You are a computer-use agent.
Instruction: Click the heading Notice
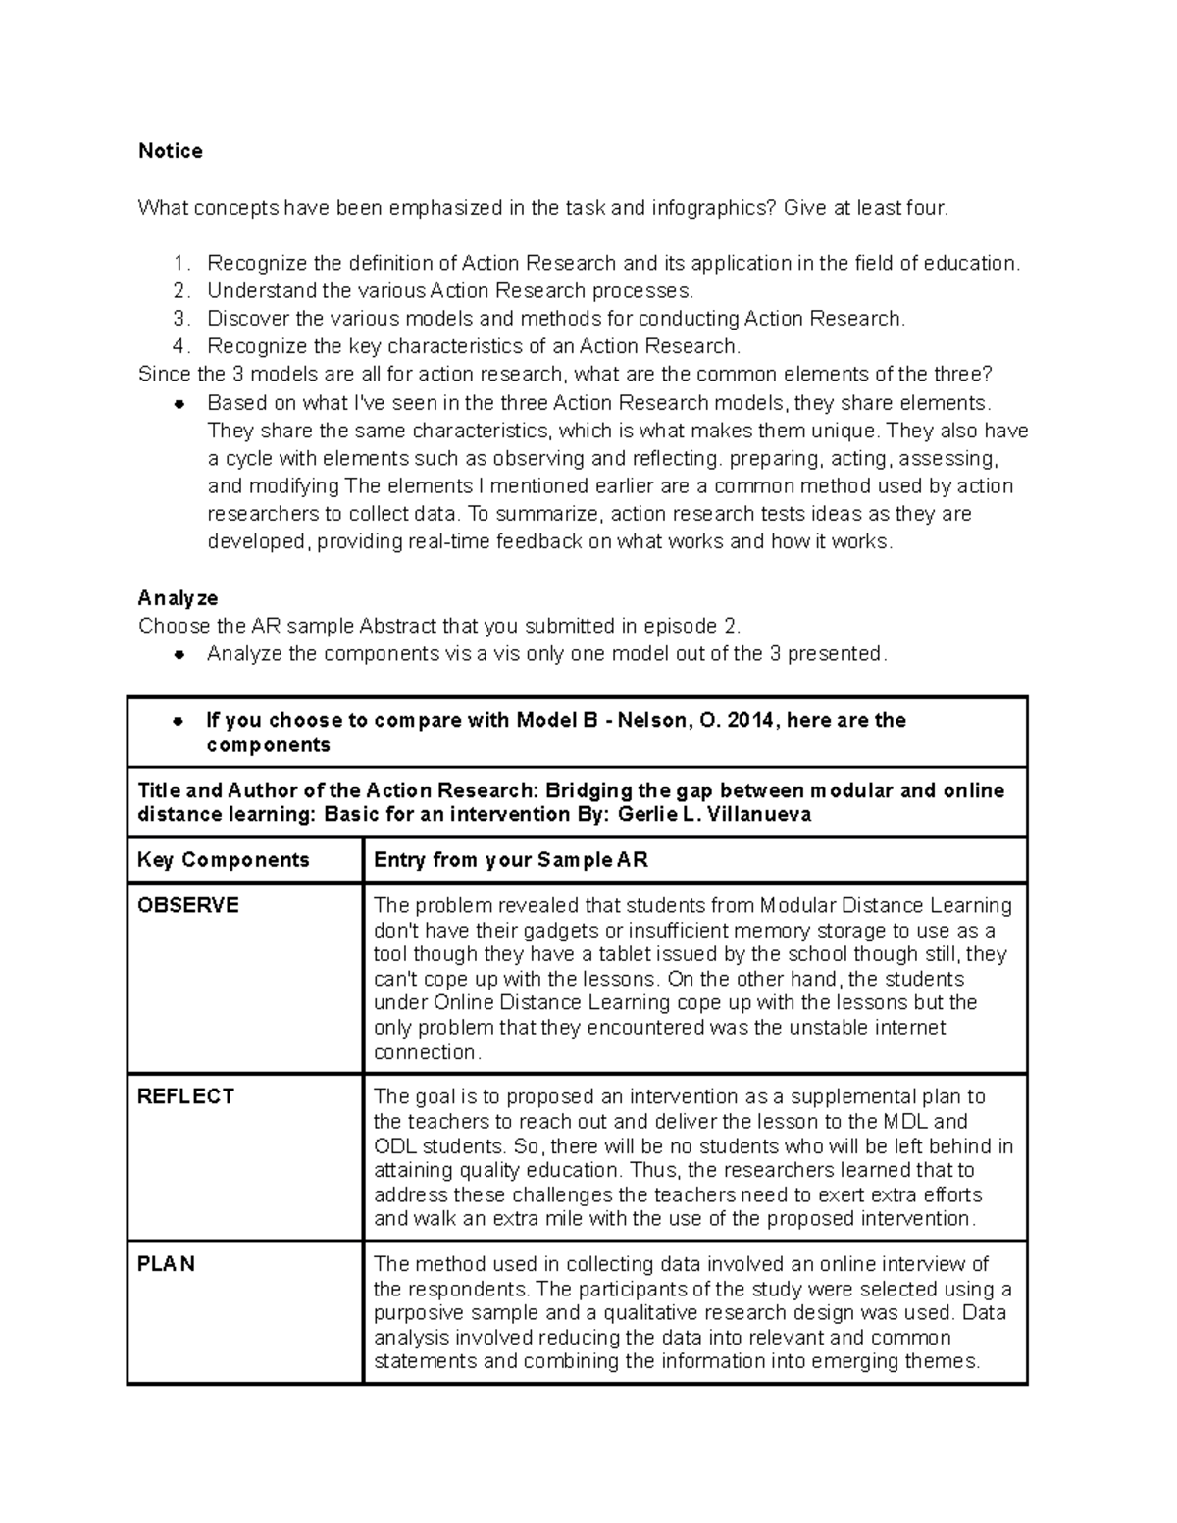pos(170,151)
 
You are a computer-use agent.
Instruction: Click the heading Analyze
pos(178,598)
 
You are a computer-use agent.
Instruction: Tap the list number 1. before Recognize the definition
pos(180,264)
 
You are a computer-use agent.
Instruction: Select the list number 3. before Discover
pos(180,319)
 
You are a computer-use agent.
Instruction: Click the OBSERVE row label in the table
pos(188,905)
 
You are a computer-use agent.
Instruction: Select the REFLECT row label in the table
pos(186,1096)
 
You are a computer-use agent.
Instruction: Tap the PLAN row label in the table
pos(167,1264)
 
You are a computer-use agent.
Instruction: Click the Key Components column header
pos(224,860)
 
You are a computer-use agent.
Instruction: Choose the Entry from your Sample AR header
pos(511,860)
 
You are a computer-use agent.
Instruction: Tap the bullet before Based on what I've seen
pos(179,404)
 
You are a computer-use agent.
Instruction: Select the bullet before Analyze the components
pos(179,655)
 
